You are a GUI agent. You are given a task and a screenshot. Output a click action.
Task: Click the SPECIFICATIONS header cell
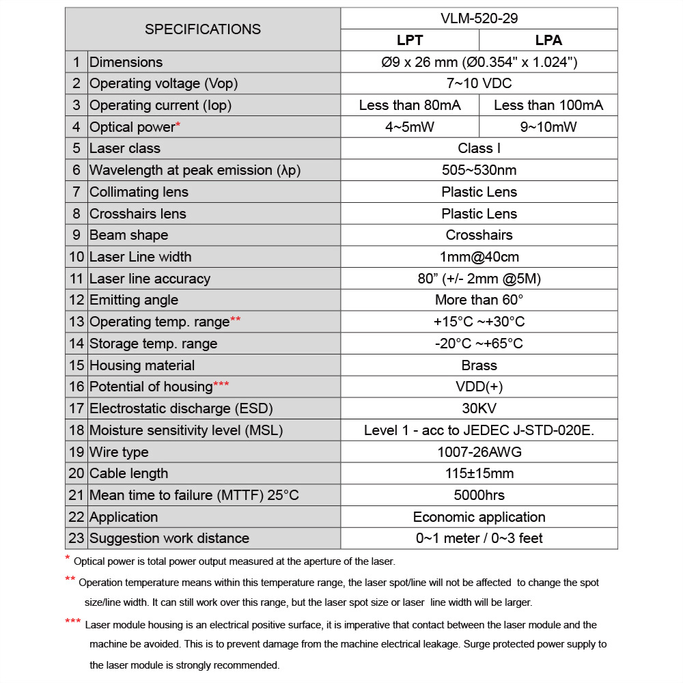pos(203,29)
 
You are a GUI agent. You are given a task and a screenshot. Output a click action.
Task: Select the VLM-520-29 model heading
pos(479,18)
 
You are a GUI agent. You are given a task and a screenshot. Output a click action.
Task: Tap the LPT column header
pos(410,40)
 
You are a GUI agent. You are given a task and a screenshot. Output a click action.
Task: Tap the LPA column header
pos(548,40)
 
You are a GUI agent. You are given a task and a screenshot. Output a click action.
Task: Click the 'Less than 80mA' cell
pos(410,105)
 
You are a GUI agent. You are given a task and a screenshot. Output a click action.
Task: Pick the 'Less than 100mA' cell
pos(548,105)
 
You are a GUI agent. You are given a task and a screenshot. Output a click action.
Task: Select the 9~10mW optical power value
pos(548,127)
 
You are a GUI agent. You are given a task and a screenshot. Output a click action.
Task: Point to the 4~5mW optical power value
pos(410,127)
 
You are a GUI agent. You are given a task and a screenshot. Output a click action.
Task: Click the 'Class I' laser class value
pos(479,148)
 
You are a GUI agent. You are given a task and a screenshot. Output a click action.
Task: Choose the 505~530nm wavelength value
pos(479,170)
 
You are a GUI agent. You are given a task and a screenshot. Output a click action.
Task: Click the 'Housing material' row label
pos(142,365)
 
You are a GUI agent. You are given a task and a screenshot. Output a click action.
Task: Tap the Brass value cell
pos(479,365)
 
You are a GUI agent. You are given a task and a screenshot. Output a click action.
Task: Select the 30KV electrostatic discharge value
pos(479,408)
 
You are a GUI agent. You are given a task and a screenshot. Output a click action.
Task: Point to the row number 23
pos(76,538)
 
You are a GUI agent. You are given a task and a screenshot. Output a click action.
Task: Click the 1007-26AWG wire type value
pos(479,452)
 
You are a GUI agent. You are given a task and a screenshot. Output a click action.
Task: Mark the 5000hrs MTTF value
pos(479,495)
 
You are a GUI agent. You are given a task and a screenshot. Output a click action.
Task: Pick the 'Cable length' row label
pos(129,473)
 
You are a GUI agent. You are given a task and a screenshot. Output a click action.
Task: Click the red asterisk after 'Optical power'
pos(178,125)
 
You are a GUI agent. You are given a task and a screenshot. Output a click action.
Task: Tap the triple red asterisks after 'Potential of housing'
pos(221,385)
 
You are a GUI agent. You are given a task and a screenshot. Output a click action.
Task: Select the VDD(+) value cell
pos(479,387)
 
